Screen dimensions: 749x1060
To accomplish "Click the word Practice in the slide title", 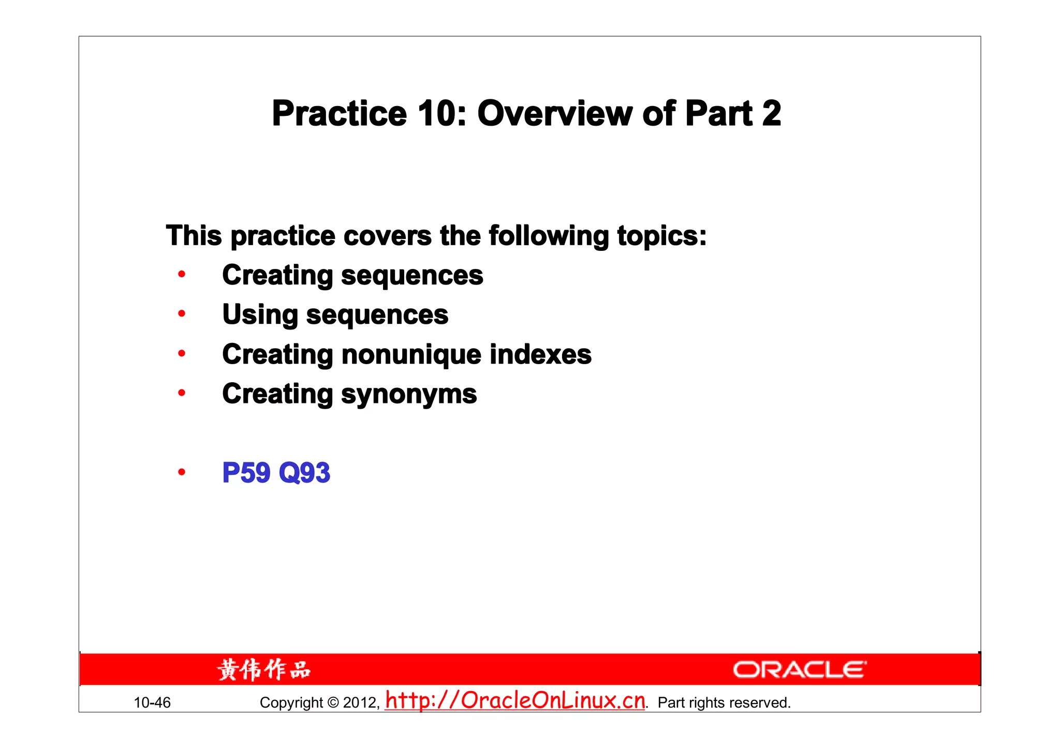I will (340, 114).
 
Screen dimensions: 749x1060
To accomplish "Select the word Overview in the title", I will (554, 114).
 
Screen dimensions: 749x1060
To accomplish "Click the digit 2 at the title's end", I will (771, 114).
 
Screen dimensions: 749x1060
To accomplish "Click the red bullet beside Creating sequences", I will (182, 274).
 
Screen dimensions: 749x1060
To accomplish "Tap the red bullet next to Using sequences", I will (182, 313).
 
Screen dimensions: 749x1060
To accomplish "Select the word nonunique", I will (411, 355).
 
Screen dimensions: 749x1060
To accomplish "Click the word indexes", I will (540, 355).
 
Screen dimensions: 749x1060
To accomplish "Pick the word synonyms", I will (409, 395).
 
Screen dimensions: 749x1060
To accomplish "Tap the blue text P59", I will (246, 473).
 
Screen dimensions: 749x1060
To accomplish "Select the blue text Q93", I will (304, 473).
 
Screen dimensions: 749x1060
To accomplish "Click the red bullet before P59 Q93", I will (182, 472).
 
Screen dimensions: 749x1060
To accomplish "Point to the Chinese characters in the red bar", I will (264, 670).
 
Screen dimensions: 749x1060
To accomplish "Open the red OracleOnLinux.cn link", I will (516, 700).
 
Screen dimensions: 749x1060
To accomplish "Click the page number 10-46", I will (152, 702).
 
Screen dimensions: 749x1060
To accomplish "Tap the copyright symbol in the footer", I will (333, 702).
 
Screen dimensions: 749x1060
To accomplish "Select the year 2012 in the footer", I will (360, 702).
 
